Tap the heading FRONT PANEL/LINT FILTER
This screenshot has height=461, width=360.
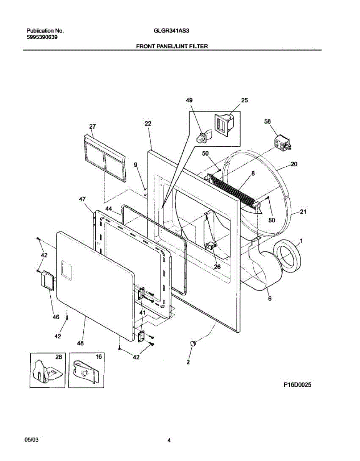(x=172, y=46)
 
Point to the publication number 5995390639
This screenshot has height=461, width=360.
(x=42, y=37)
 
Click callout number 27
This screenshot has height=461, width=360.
(x=92, y=126)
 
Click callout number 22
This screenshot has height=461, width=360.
(x=148, y=123)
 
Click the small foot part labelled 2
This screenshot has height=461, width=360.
(x=193, y=343)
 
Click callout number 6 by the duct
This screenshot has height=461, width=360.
(x=270, y=298)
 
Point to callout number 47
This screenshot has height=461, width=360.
(x=82, y=199)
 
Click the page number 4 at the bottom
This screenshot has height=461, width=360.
(x=169, y=440)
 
